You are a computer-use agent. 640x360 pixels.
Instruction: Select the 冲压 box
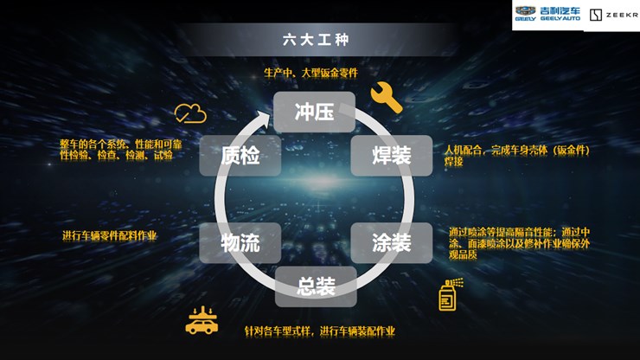(314, 112)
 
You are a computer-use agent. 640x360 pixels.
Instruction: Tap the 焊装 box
(391, 156)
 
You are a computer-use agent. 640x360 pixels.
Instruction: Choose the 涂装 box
(391, 243)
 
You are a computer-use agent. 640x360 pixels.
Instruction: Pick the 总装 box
(316, 287)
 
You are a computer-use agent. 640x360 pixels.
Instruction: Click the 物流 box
(240, 243)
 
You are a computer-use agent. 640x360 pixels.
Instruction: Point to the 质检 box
(240, 156)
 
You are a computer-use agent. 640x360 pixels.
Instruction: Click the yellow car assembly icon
(202, 320)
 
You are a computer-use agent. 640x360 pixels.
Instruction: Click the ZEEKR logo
(613, 15)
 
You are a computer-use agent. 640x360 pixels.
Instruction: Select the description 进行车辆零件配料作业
(109, 235)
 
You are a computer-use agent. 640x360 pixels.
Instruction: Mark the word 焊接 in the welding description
(454, 161)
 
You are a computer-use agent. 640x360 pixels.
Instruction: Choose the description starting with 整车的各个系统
(116, 149)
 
